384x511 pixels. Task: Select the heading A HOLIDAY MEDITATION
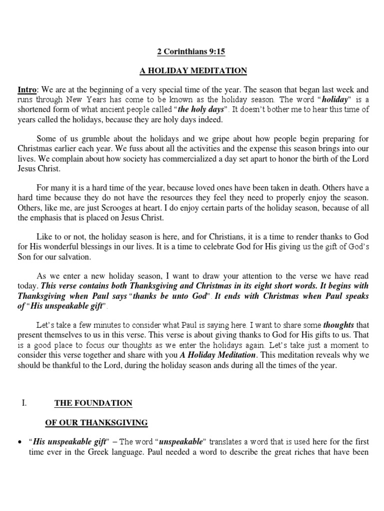click(x=193, y=71)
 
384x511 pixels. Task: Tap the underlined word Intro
click(x=26, y=90)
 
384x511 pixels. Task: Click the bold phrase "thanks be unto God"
click(x=171, y=296)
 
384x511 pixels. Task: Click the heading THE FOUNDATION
click(x=93, y=403)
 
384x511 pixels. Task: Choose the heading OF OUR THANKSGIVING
click(x=96, y=423)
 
